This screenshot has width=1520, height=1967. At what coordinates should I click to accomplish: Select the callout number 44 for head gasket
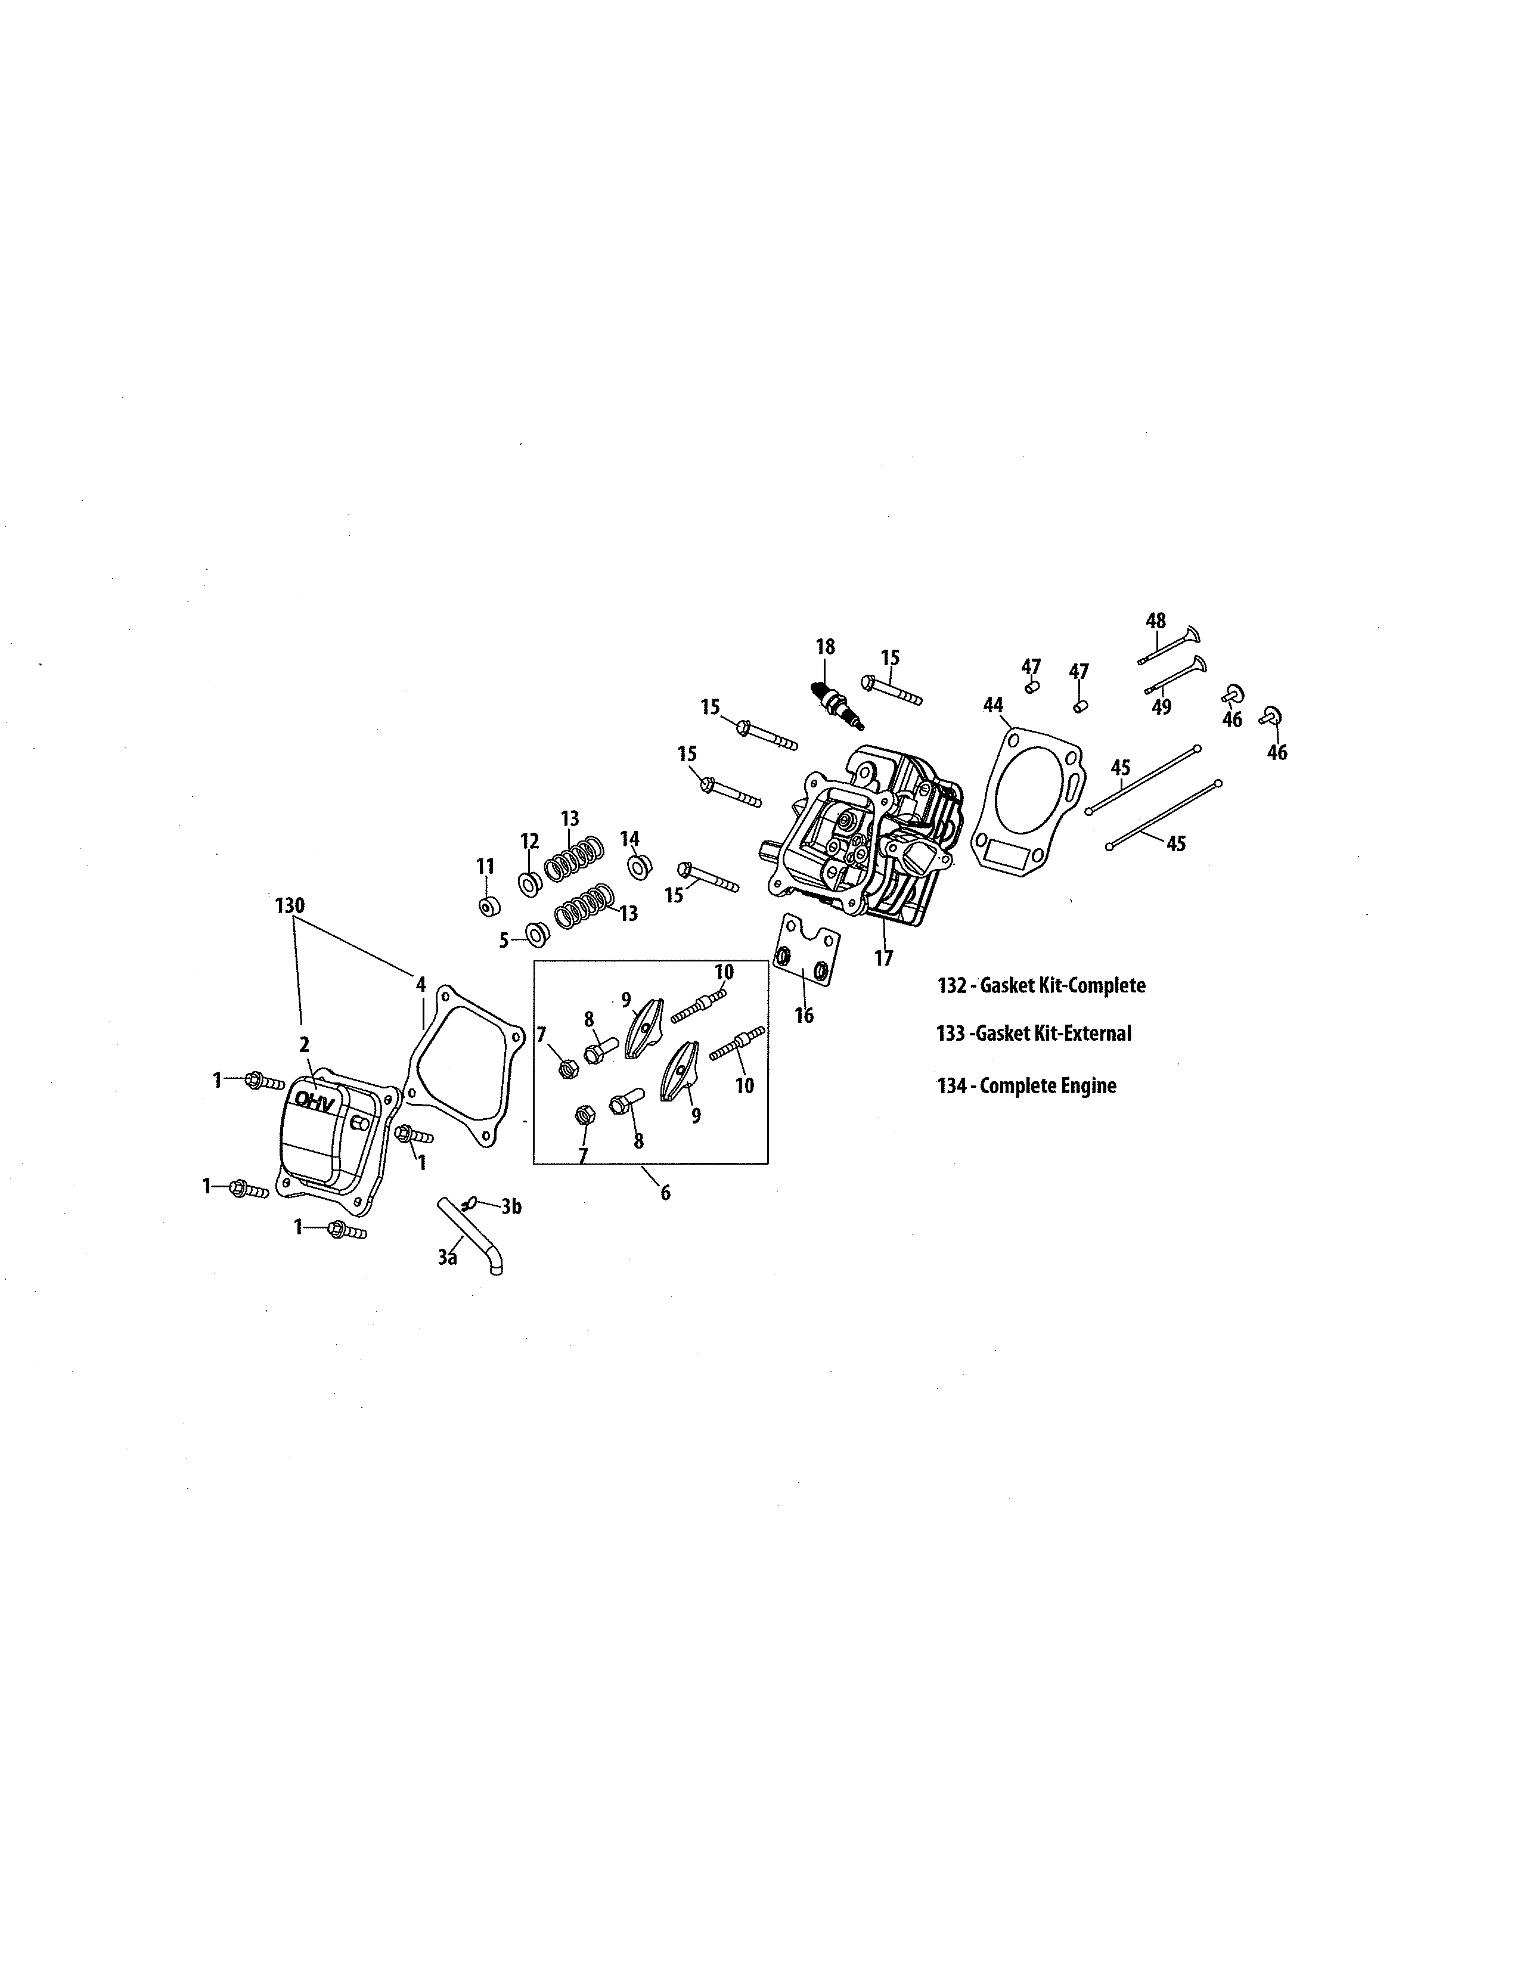pyautogui.click(x=992, y=705)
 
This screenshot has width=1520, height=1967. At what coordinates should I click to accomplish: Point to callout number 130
pyautogui.click(x=290, y=905)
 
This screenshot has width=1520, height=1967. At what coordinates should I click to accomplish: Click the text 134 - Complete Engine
pyautogui.click(x=1026, y=1085)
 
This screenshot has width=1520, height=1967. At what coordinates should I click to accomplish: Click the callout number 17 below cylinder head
pyautogui.click(x=883, y=957)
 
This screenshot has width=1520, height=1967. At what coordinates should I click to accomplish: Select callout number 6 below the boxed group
pyautogui.click(x=665, y=1193)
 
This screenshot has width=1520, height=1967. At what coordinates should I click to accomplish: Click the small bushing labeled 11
pyautogui.click(x=487, y=905)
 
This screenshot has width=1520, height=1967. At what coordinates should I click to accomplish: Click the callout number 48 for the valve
pyautogui.click(x=1155, y=620)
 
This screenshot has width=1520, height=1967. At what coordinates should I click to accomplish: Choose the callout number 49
pyautogui.click(x=1162, y=707)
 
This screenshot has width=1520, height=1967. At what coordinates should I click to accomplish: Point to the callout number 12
pyautogui.click(x=529, y=841)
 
